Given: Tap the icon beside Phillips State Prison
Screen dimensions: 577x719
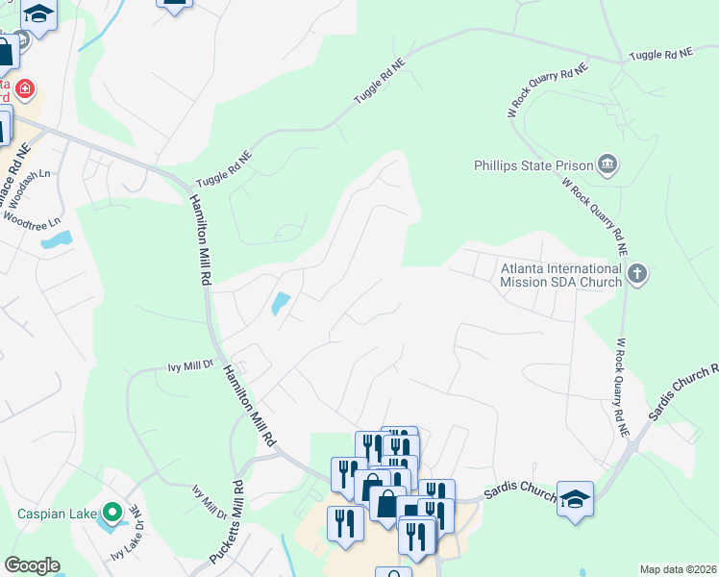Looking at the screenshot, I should point(607,165).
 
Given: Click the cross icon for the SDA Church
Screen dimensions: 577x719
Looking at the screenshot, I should point(636,276).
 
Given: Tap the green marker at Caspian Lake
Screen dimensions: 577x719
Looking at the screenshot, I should point(112,512).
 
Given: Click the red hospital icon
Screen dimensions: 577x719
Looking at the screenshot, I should point(25,91).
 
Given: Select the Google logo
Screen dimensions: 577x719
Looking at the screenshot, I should point(31,565).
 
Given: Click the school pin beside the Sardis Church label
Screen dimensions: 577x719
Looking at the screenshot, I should point(575,498).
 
